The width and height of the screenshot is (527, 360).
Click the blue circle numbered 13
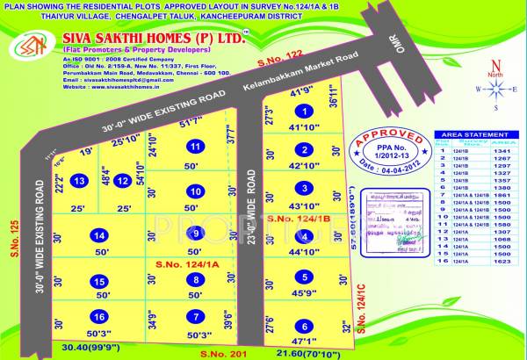[79, 181]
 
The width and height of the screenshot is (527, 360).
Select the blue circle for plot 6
[303, 325]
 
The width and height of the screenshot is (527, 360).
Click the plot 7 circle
[197, 317]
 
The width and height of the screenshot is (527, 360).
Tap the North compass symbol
[496, 89]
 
